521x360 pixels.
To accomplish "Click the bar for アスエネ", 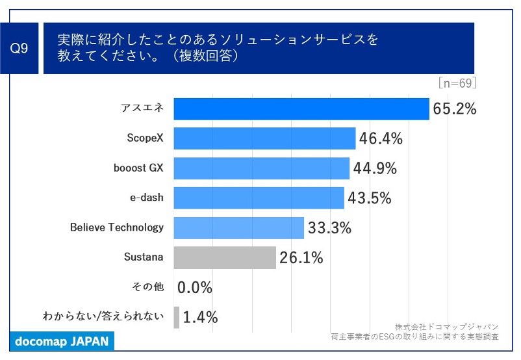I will click(301, 109).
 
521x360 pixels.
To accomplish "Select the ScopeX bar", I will click(264, 138).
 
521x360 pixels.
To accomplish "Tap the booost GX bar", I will click(261, 168).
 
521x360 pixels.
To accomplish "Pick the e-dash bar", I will click(259, 198).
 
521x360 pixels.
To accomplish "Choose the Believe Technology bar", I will click(238, 228).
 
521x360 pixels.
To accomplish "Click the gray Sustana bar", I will click(225, 257).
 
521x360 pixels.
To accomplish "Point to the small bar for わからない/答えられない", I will click(177, 317).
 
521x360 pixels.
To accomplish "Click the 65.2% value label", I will click(455, 109).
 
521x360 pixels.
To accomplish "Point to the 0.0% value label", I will click(195, 287).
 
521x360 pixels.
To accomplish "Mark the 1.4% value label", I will click(200, 318).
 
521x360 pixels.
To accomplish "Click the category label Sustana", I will click(144, 257).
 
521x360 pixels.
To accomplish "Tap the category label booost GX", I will click(138, 168).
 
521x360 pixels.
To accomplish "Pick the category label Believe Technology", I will click(117, 228).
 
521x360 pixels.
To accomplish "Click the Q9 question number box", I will click(20, 48).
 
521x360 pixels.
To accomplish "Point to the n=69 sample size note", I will click(458, 83).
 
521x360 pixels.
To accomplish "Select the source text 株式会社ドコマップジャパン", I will click(446, 326).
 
